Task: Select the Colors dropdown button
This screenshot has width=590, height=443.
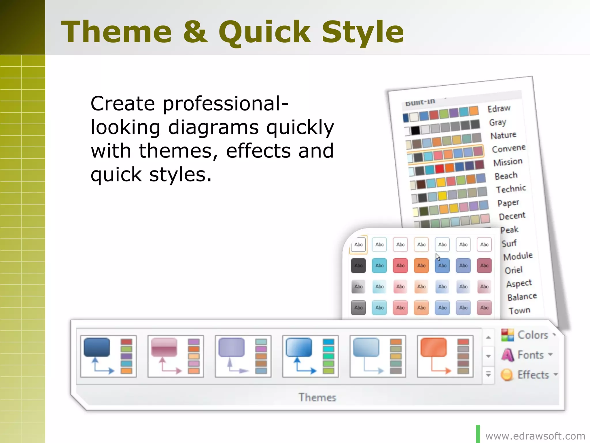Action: [529, 335]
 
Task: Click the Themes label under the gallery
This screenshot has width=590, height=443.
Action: [317, 397]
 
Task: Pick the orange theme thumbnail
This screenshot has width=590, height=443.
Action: [445, 356]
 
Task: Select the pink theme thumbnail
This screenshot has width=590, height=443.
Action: [175, 356]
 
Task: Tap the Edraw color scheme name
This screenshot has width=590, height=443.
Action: [499, 109]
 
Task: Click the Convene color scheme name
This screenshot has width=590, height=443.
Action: [509, 149]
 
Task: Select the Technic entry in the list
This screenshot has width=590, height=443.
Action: [511, 189]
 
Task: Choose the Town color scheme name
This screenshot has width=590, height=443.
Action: [519, 311]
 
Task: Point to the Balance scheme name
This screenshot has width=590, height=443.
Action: [522, 297]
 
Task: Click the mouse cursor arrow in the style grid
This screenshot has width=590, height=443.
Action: [438, 257]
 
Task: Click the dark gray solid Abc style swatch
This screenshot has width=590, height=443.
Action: [358, 266]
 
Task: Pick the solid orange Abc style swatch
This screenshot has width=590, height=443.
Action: [421, 266]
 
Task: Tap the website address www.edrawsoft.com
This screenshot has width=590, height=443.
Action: [535, 436]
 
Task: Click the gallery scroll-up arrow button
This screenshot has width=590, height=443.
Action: [488, 337]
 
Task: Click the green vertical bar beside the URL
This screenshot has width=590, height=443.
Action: [478, 434]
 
